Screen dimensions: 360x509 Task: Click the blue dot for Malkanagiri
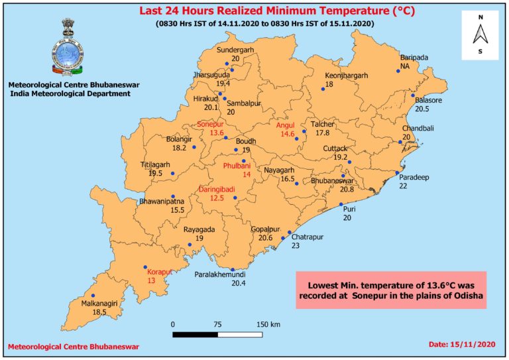93,296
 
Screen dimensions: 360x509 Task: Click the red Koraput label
159,271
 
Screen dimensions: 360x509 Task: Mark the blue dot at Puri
341,205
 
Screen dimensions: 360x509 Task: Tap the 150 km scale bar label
268,324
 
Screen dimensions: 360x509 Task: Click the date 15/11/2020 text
462,345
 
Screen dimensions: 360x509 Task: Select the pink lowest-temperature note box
391,289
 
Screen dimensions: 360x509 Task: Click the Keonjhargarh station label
346,76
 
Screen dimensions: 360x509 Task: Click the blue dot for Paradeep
398,173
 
